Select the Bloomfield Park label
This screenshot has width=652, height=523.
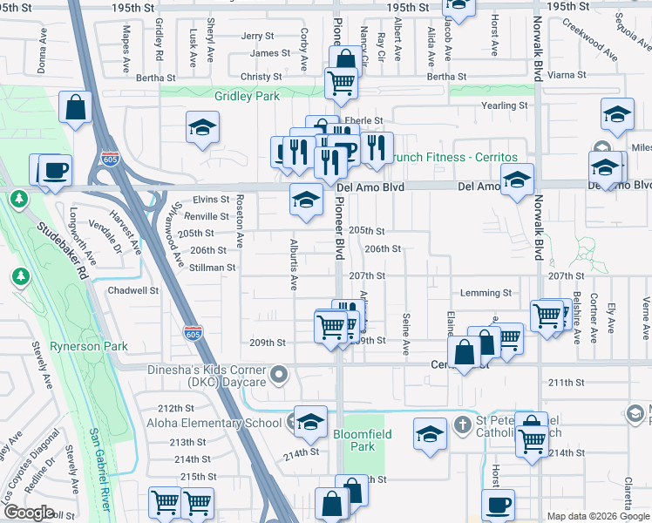click(362, 439)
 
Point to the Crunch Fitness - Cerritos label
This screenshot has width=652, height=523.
click(452, 158)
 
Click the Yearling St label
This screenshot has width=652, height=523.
click(506, 105)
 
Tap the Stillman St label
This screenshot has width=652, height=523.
click(213, 268)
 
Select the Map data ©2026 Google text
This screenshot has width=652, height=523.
click(598, 516)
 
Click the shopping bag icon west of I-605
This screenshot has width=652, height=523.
click(76, 108)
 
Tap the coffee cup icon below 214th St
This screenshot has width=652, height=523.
click(499, 504)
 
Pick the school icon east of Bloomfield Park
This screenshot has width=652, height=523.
click(430, 434)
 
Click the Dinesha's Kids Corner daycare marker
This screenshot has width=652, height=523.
click(279, 376)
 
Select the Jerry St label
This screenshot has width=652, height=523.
click(258, 36)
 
